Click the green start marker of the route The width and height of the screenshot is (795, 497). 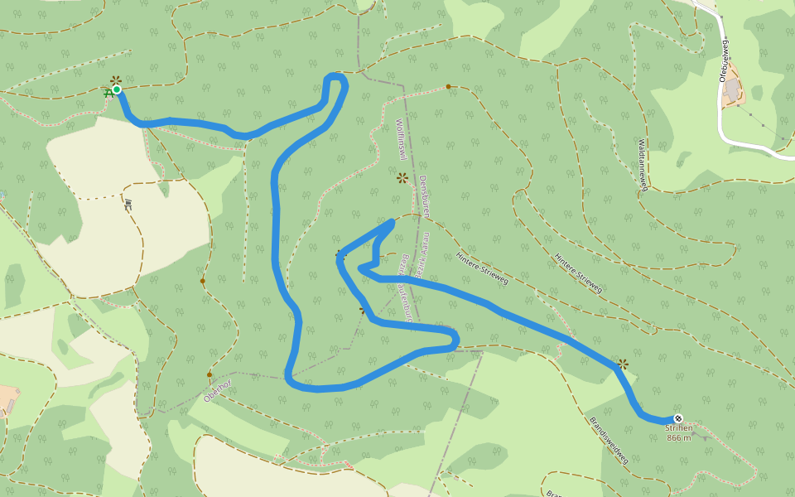click(x=117, y=89)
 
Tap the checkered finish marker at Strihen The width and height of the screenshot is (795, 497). click(x=678, y=418)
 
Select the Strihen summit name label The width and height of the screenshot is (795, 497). click(x=678, y=428)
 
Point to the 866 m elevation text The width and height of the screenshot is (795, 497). click(x=678, y=438)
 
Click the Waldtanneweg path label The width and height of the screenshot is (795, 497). click(x=643, y=164)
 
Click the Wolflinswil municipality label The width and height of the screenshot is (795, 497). click(x=399, y=139)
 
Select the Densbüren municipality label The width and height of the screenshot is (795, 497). click(x=423, y=196)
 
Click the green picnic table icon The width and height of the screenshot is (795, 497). click(x=108, y=94)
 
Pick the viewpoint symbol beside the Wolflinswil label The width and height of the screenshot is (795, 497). click(x=402, y=177)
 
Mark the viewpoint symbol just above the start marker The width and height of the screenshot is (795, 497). click(x=116, y=80)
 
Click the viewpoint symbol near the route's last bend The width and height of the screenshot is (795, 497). click(x=623, y=364)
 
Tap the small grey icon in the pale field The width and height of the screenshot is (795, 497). click(x=128, y=204)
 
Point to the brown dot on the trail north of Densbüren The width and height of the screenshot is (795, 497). click(x=448, y=86)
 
